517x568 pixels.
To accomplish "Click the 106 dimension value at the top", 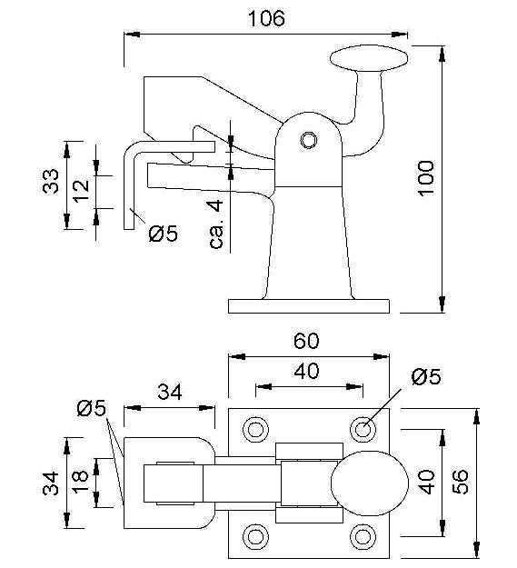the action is pyautogui.click(x=266, y=18).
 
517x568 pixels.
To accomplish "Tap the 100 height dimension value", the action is pyautogui.click(x=426, y=179).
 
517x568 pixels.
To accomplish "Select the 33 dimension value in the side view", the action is pyautogui.click(x=50, y=181).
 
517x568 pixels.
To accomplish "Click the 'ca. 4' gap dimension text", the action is pyautogui.click(x=216, y=224).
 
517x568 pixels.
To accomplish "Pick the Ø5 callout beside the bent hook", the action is pyautogui.click(x=164, y=234).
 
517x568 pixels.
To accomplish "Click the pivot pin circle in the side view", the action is pyautogui.click(x=309, y=140).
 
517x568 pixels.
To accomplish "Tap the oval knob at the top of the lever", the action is pyautogui.click(x=369, y=58).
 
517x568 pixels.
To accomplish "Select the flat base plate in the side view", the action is pyautogui.click(x=309, y=306).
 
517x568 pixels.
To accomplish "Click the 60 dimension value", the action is pyautogui.click(x=306, y=341).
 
